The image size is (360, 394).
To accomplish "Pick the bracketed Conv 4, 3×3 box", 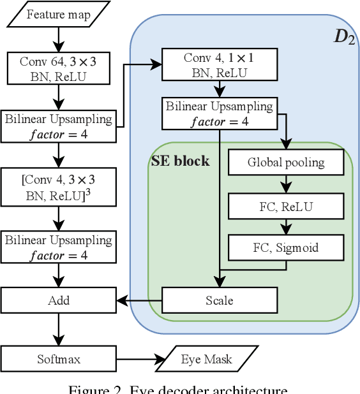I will [x=59, y=186].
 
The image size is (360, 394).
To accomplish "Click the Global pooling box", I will [x=285, y=163].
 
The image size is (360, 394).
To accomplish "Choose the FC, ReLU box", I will [x=285, y=206].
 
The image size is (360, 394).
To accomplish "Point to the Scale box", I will [x=220, y=300].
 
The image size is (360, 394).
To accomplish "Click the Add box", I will [x=59, y=300].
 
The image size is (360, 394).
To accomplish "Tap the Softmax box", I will [x=59, y=359].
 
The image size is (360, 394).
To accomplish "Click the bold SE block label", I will [x=180, y=161].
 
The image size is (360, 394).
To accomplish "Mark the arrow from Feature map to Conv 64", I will [x=59, y=40].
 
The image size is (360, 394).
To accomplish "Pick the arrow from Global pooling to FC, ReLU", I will [x=285, y=184].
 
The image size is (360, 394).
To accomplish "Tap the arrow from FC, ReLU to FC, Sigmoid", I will [x=285, y=227].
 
